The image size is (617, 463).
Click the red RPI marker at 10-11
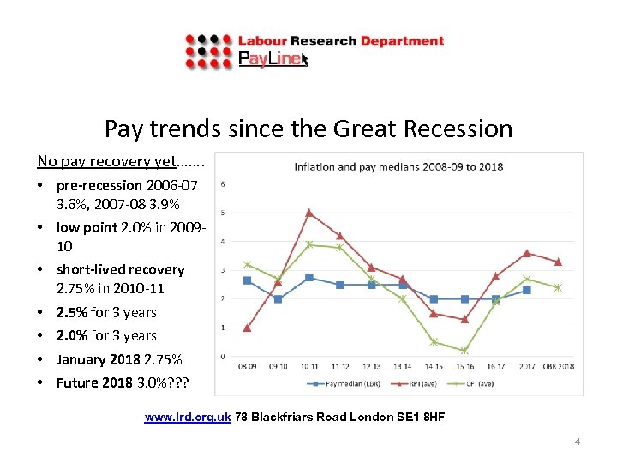309,213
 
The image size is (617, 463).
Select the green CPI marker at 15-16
464,351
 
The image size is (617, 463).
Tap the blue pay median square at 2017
526,290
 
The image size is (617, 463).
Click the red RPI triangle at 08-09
247,328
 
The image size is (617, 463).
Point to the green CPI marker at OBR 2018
558,287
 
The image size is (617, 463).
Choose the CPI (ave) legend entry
483,383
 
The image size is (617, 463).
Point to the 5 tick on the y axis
224,213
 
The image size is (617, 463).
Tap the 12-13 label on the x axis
371,366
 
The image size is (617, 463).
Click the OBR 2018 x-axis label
557,366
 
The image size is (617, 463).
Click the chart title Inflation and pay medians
398,166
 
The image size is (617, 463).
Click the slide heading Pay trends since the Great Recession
308,129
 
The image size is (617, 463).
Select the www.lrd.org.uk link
188,418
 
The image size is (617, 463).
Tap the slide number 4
577,442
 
